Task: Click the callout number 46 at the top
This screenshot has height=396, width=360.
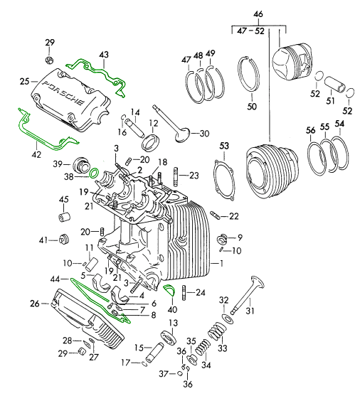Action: coord(259,14)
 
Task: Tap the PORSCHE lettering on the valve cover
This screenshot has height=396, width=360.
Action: coord(63,93)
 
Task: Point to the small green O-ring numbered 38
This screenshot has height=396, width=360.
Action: coord(94,173)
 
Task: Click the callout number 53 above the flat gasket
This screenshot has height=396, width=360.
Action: coord(224,146)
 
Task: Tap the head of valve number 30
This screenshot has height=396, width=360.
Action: coord(182,134)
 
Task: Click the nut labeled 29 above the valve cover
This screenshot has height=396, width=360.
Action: coord(49,60)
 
